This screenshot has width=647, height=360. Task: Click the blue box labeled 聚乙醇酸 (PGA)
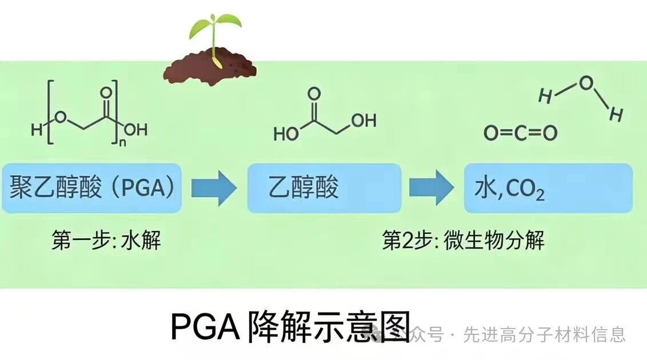91,188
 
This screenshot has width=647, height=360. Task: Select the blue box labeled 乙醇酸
323,188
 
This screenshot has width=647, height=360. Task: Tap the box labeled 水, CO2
548,188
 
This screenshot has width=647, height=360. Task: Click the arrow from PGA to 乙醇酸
213,187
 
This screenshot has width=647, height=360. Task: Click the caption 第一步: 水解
106,240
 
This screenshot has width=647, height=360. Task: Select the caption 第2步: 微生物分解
463,240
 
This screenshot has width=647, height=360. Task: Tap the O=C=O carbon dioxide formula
520,134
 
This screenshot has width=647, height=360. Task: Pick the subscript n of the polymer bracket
121,143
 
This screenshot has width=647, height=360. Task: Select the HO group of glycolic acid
286,134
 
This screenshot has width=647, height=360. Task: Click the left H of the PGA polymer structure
37,131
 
